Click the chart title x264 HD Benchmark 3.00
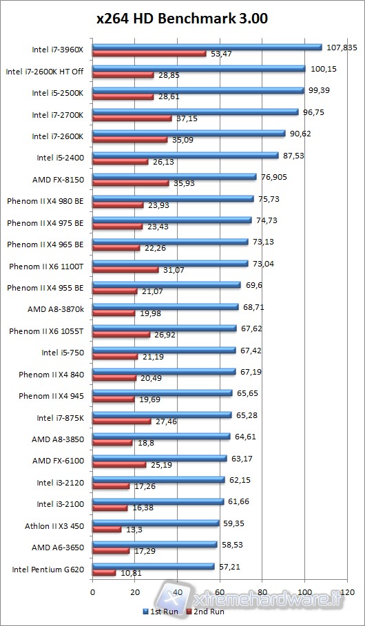tap(182, 19)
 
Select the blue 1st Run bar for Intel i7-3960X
tap(207, 48)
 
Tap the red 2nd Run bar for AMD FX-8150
tap(131, 183)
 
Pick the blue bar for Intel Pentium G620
tap(153, 566)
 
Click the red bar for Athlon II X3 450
tap(107, 530)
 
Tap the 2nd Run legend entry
tap(206, 611)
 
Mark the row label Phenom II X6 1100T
tap(46, 266)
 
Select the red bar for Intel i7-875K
tap(121, 421)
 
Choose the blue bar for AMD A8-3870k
tap(165, 306)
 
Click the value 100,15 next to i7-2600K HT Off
tap(322, 69)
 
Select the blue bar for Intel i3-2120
tap(158, 480)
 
